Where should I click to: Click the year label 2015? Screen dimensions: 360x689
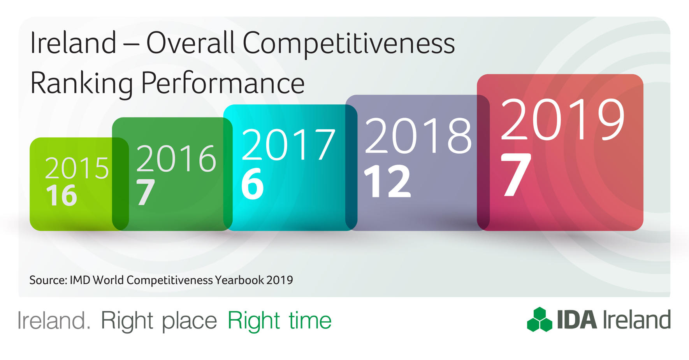(x=77, y=168)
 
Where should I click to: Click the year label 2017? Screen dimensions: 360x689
(x=288, y=145)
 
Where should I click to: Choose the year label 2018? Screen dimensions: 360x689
(x=418, y=136)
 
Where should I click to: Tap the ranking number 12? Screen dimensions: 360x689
(x=387, y=181)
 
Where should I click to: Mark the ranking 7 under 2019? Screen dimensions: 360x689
(x=515, y=175)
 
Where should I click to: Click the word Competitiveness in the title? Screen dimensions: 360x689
(x=348, y=44)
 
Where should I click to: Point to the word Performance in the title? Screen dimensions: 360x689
(x=223, y=83)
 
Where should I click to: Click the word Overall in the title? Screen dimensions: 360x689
(x=190, y=43)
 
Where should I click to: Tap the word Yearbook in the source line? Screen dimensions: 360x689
(x=239, y=280)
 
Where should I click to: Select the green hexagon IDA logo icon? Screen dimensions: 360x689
(x=540, y=320)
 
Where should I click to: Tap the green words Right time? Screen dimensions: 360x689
(x=279, y=321)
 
